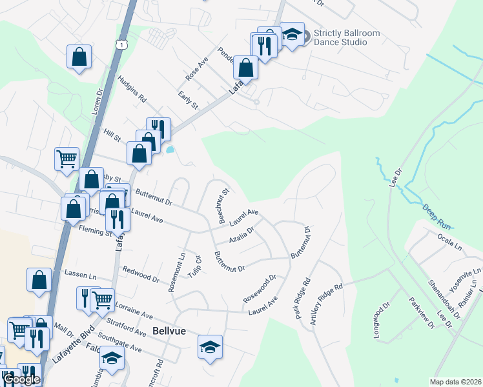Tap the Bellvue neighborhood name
pos(169,331)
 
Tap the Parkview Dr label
pos(420,312)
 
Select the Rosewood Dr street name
pos(260,289)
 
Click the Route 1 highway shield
pos(121,43)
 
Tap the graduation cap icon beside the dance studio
pos(292,35)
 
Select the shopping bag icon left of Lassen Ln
pos(39,280)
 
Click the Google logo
pos(21,379)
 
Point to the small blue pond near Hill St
pos(170,150)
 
